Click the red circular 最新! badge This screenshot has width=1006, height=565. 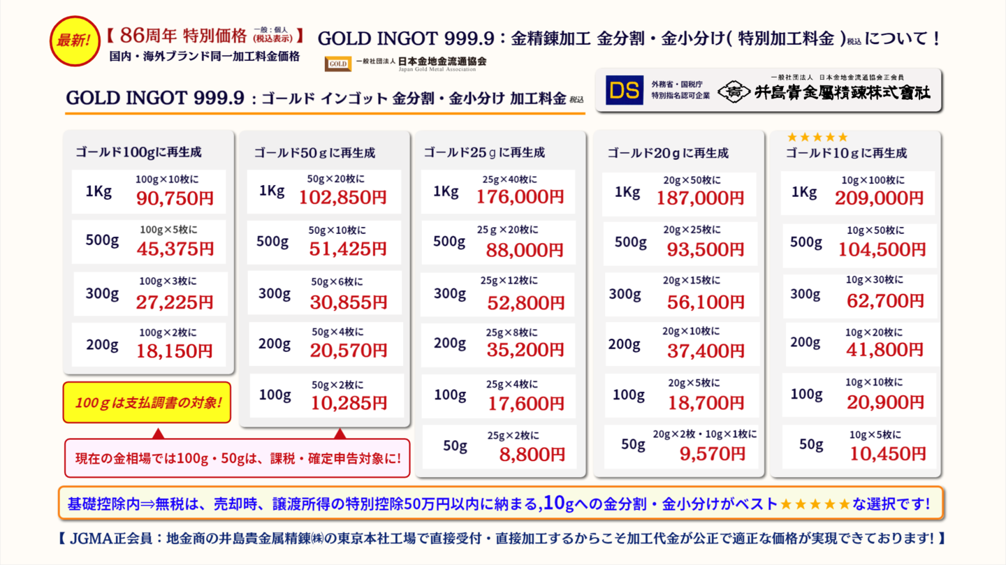coord(75,41)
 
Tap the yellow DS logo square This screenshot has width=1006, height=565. coord(625,91)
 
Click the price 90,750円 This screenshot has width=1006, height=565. coord(175,198)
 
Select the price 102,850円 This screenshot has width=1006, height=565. coord(342,197)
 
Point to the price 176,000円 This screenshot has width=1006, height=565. coord(520,197)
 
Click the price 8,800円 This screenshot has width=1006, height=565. coord(532,455)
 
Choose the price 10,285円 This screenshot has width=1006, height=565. coord(349,403)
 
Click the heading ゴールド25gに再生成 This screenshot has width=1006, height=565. coord(484,152)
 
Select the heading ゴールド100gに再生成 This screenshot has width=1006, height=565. coord(138,152)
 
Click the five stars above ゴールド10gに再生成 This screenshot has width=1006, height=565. coord(817,137)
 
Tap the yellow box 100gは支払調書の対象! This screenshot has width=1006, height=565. coord(147,402)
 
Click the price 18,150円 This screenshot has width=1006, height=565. coord(174,351)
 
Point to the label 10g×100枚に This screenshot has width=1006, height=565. coord(874,180)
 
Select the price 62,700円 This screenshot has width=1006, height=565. coord(885,301)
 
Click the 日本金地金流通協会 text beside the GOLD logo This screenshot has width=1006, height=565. coord(442,61)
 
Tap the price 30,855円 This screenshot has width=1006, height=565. coord(349,302)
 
